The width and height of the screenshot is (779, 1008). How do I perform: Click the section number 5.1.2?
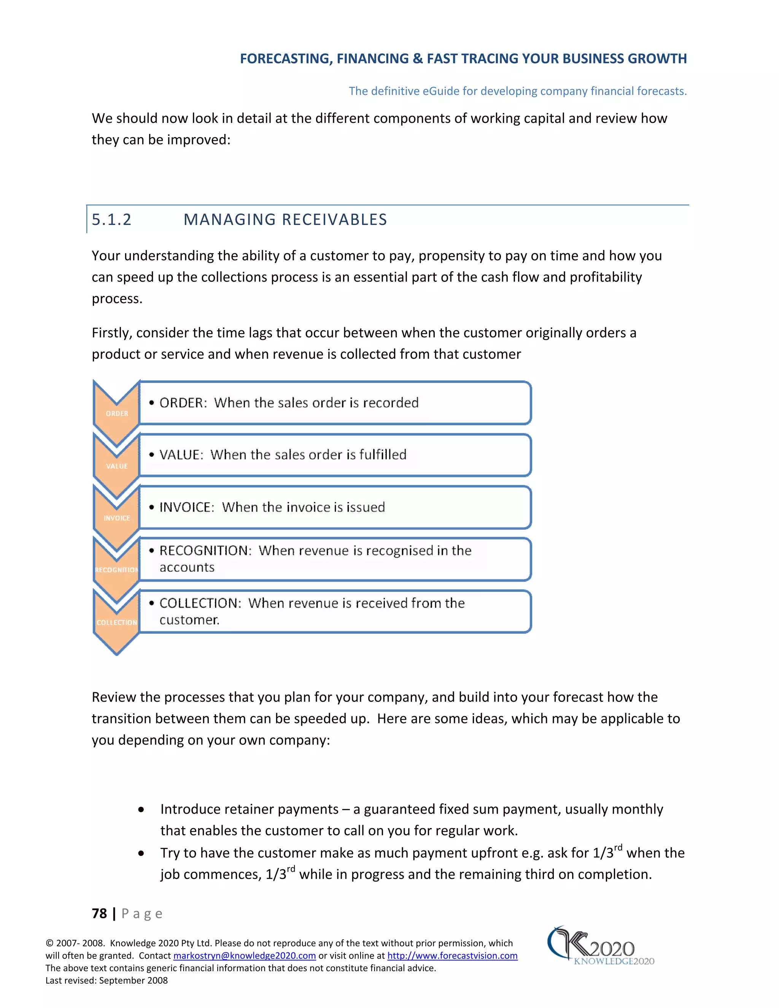112,220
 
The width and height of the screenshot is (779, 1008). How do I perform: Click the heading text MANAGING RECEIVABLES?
285,220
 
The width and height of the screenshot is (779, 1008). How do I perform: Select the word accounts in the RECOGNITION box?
187,567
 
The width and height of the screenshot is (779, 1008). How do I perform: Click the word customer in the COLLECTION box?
189,620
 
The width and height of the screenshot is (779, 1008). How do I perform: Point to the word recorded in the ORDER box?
391,402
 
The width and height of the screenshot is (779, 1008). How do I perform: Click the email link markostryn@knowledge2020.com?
244,956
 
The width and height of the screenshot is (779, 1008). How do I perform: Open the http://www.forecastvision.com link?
452,956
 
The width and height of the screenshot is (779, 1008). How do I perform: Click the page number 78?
99,913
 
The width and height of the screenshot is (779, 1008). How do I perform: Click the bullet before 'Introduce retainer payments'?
141,809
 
